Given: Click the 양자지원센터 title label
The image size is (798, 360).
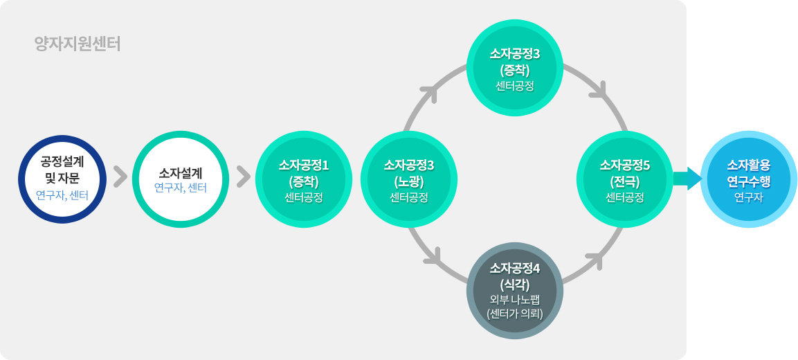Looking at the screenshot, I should (x=78, y=44).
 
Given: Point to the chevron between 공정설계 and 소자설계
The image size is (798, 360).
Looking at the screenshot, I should (x=120, y=177).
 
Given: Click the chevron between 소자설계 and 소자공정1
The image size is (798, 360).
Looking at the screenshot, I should (x=243, y=177).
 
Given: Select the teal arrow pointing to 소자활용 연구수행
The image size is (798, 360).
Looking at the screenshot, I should (x=687, y=178).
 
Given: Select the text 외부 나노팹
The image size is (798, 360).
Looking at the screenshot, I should (x=515, y=299).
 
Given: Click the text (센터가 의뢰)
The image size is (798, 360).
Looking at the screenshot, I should (x=515, y=313).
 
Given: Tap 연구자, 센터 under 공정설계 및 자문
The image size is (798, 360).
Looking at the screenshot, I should (x=62, y=195).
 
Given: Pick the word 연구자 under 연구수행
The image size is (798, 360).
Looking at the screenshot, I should (x=748, y=197).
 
